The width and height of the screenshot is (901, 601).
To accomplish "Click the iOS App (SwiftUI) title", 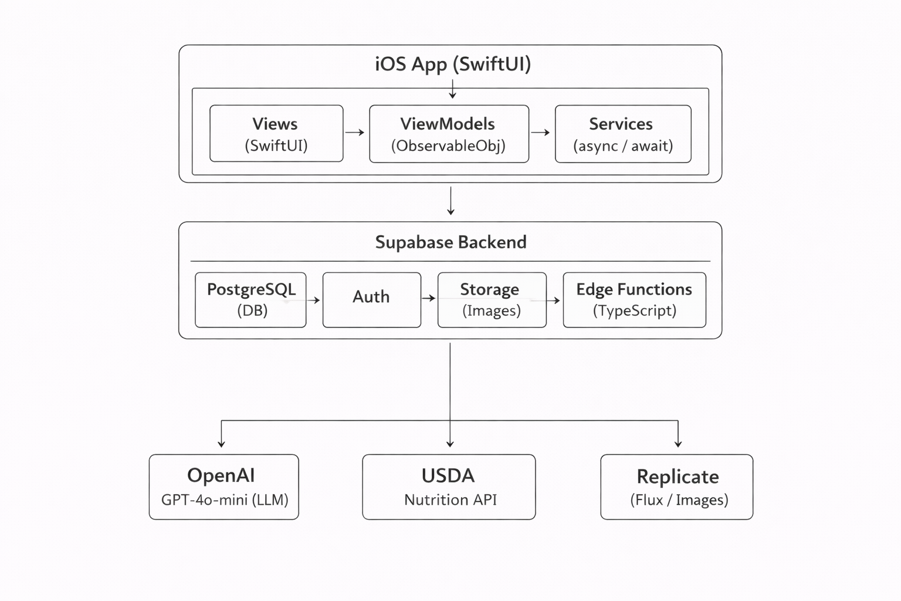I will coord(452,63).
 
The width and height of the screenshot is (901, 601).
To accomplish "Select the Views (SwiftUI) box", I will coord(276,134).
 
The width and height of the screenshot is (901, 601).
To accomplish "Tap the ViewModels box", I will coord(449,134).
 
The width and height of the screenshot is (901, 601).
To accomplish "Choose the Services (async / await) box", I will coord(623,134).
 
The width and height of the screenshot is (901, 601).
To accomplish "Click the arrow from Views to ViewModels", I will coord(355,133).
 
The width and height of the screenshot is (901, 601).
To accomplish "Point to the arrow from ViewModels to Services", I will coord(541,133).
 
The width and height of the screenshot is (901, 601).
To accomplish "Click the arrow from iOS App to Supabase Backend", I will coord(450,201).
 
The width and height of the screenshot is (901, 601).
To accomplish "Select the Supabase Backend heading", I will coord(450,242).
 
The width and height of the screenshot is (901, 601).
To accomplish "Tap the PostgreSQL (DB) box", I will coord(250,300).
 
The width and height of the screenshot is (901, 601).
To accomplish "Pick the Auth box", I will coord(371,300).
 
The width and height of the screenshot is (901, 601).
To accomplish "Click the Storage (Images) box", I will coord(492,300).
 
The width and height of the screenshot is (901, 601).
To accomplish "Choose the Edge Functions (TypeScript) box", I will coord(634,300).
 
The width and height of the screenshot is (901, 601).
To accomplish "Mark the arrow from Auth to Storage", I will coord(429,298).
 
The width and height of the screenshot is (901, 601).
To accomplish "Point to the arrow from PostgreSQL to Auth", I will coord(314,300).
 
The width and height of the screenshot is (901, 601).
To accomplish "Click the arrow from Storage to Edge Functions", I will coord(554,300).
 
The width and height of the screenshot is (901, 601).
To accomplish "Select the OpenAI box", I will coord(223,487).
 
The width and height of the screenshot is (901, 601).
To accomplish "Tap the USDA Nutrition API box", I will coord(449,487).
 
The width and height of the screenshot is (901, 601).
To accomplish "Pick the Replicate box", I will coord(676,487).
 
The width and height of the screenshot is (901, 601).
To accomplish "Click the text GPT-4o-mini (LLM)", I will coord(225,500).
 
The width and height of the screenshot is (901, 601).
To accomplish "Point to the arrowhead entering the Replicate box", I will coord(678,444).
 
